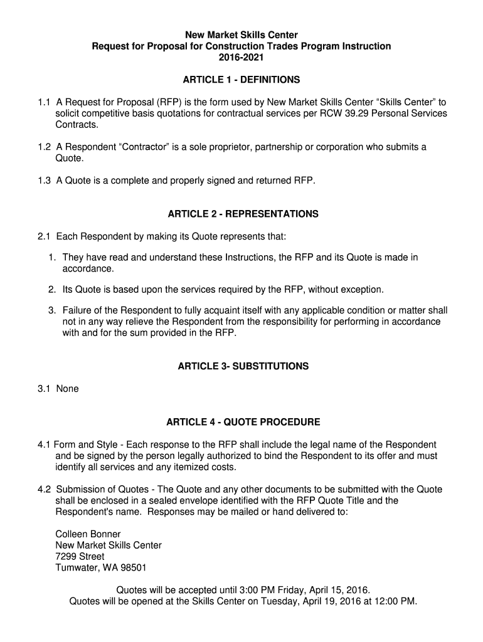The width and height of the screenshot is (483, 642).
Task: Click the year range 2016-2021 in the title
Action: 242,58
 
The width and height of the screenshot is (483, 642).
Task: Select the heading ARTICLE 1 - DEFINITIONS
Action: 242,80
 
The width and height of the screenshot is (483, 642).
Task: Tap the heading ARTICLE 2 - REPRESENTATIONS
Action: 243,214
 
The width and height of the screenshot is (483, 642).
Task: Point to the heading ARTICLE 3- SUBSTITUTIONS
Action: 243,366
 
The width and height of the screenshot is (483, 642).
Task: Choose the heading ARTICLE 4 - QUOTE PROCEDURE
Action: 243,422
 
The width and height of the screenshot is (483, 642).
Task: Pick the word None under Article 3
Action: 67,389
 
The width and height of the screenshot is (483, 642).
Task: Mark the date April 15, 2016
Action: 339,590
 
